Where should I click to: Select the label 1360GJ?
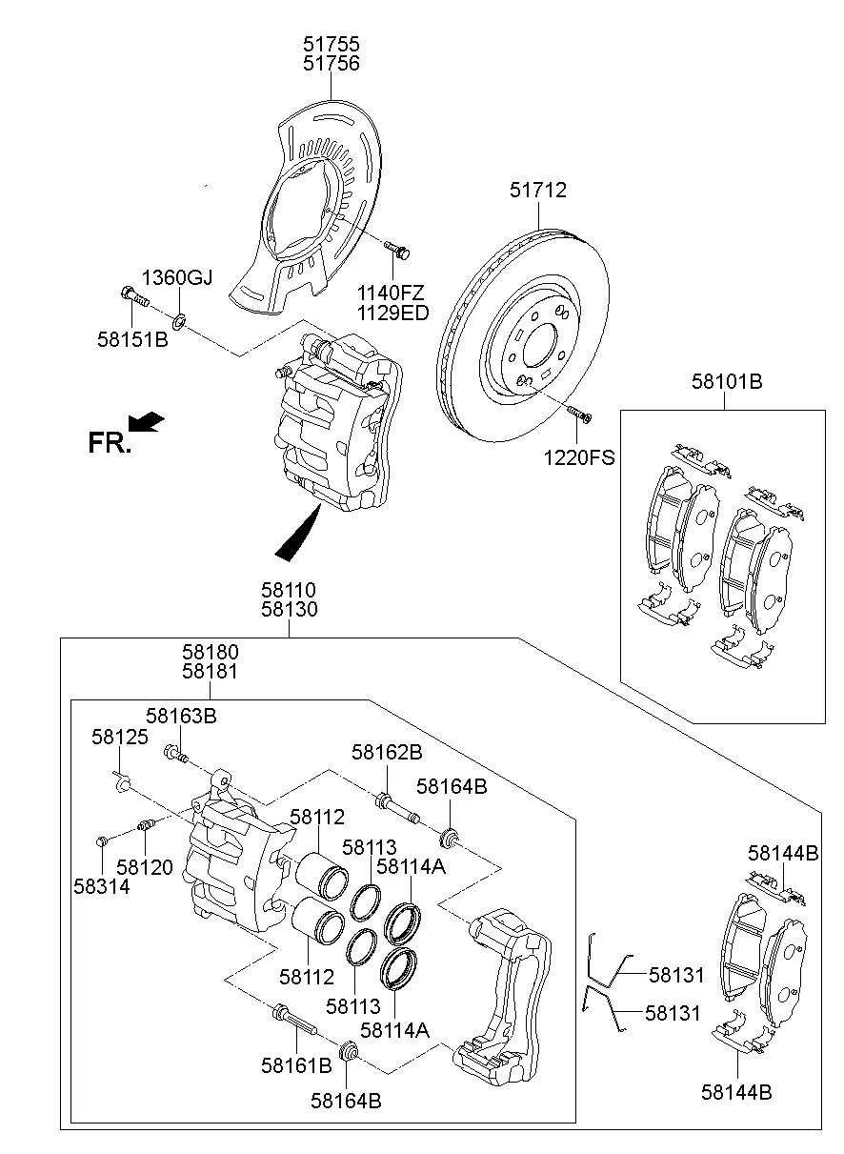[x=177, y=278]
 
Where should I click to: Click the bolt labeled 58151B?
[x=134, y=297]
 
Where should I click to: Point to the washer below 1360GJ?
[x=180, y=316]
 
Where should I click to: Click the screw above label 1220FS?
[x=577, y=413]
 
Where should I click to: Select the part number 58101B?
[x=727, y=382]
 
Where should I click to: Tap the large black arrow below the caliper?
[x=298, y=537]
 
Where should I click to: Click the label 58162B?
[x=387, y=752]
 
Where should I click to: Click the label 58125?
[x=119, y=736]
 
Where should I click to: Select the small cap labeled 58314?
[x=100, y=840]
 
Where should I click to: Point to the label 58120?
[x=145, y=867]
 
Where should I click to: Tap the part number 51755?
[x=332, y=44]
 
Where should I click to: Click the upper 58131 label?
[x=676, y=975]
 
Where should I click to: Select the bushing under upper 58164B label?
[x=451, y=838]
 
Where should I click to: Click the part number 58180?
[x=211, y=652]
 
